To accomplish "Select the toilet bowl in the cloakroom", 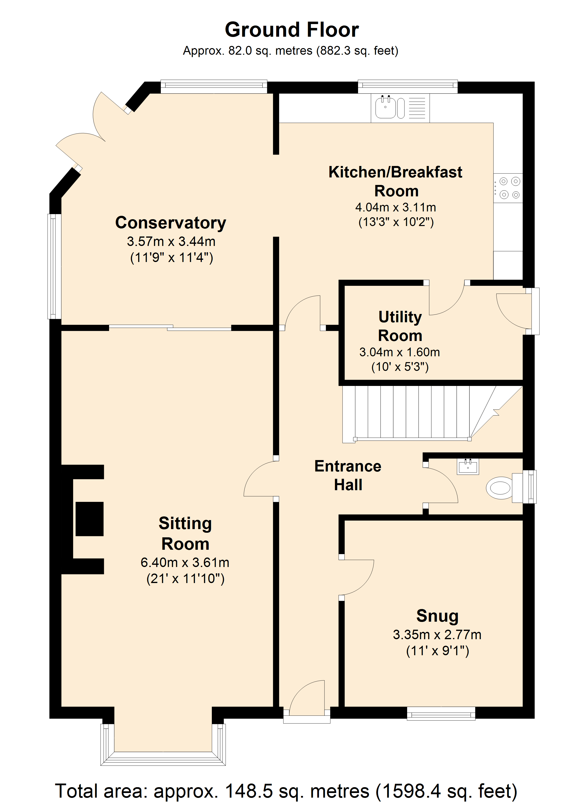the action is pyautogui.click(x=499, y=488).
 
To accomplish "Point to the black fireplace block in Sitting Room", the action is pyautogui.click(x=89, y=519).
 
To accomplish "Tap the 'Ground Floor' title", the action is pyautogui.click(x=292, y=30).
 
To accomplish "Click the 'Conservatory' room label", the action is pyautogui.click(x=171, y=223).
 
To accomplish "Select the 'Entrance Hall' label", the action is pyautogui.click(x=348, y=475).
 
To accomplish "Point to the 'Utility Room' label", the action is pyautogui.click(x=400, y=326).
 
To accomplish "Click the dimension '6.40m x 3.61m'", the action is pyautogui.click(x=185, y=562).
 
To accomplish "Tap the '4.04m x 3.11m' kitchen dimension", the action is pyautogui.click(x=396, y=207).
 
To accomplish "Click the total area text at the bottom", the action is pyautogui.click(x=286, y=790).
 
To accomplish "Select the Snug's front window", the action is pyautogui.click(x=441, y=713).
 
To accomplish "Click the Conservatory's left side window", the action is pyautogui.click(x=54, y=266).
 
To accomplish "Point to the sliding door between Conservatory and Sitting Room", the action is pyautogui.click(x=170, y=327).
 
